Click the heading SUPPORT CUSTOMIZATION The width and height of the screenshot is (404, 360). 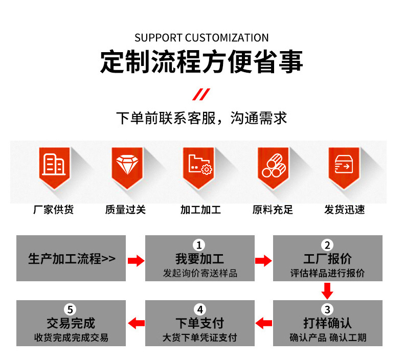point(201,38)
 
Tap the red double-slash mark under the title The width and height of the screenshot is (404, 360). point(201,94)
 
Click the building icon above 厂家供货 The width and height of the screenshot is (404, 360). point(54,164)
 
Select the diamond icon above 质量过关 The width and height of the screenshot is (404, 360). point(127,165)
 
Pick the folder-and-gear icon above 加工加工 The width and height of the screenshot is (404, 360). point(200,165)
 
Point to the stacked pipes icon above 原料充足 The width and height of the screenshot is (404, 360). point(274,165)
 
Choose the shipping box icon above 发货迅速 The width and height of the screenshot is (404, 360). point(344,165)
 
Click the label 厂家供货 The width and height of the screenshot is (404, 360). point(53,210)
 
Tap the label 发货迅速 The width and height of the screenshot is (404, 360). point(345,210)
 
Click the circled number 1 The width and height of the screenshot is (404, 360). point(199,245)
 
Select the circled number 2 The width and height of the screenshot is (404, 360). point(327,245)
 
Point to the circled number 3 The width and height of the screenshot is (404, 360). point(327,309)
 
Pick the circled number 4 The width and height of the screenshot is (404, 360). point(200,309)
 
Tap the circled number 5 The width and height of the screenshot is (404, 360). point(70,309)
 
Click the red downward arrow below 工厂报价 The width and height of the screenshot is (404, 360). point(327,291)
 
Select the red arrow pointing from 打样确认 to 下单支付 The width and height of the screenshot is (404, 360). point(263,323)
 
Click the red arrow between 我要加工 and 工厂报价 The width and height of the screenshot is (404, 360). point(263,261)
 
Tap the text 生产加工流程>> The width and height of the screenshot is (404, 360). point(72,259)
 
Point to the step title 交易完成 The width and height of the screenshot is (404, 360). point(71,323)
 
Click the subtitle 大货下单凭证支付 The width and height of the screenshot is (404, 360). point(199,337)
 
